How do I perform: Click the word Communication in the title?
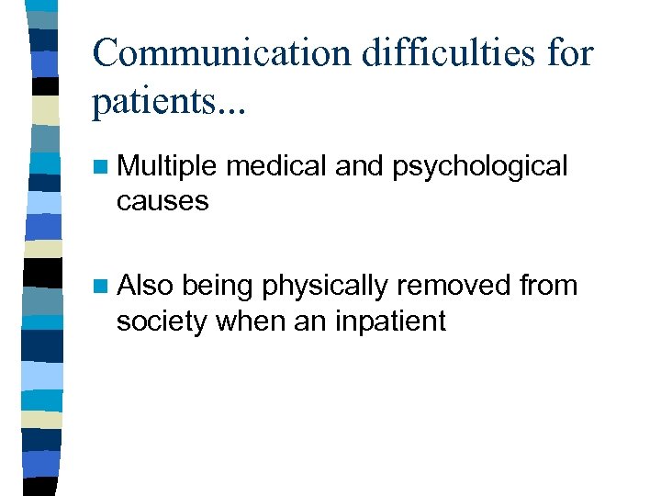tap(219, 52)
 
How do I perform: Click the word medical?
tap(276, 166)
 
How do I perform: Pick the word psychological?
tap(480, 168)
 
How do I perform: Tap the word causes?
tap(162, 200)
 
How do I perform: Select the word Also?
tap(145, 286)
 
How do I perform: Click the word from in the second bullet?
tap(548, 286)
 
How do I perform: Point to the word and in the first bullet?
tap(361, 166)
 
